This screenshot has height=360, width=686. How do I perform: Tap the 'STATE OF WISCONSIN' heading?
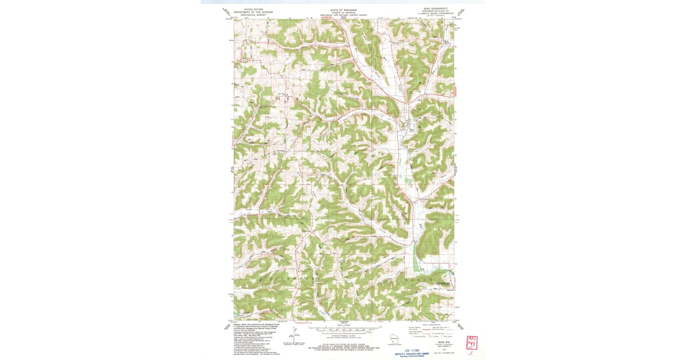343,10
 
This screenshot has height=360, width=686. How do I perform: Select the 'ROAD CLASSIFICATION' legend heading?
433,324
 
